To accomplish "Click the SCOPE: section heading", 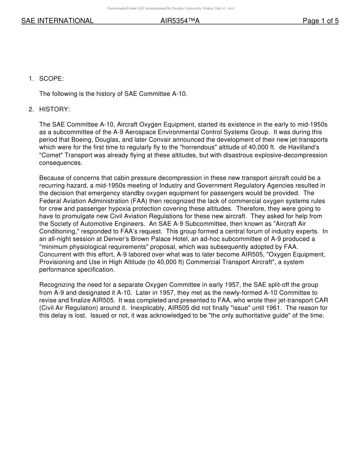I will point(52,78).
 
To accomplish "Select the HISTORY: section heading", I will point(55,109).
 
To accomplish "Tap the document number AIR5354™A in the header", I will point(180,21).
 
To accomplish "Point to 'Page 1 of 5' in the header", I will point(321,21).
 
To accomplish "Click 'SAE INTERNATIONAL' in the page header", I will point(57,21).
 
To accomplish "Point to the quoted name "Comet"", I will point(50,155).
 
